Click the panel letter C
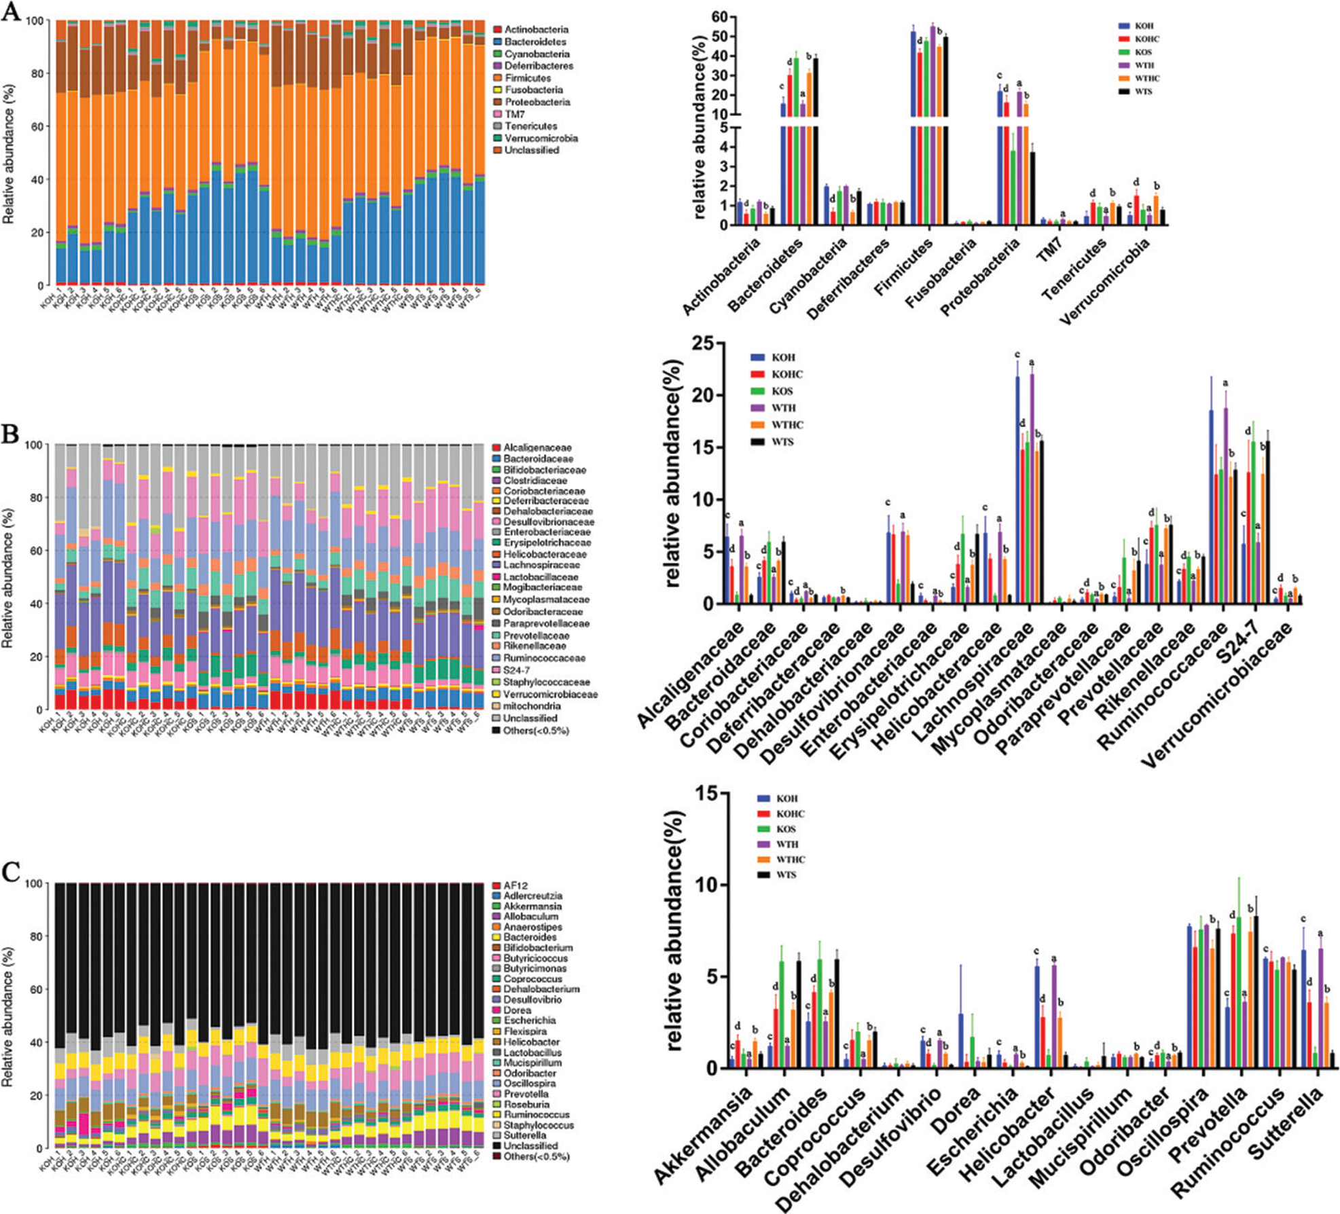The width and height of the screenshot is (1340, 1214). (x=10, y=872)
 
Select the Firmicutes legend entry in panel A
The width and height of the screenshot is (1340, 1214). (x=528, y=78)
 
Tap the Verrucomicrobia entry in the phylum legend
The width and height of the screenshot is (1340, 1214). (x=541, y=139)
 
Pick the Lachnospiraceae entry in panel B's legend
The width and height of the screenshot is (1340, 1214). (x=541, y=565)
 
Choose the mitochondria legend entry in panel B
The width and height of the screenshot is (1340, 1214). (x=532, y=706)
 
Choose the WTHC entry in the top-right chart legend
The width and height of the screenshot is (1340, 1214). (x=1147, y=78)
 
